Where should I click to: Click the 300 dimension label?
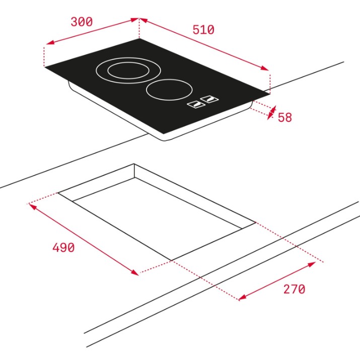pos(82,22)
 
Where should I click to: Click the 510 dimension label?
pos(203,30)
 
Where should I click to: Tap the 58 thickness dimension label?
pos(285,117)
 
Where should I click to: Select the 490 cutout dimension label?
pos(63,248)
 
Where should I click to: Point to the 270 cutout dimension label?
pos(295,289)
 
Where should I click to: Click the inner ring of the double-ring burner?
pos(128,70)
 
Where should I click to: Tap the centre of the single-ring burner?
pos(169,90)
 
